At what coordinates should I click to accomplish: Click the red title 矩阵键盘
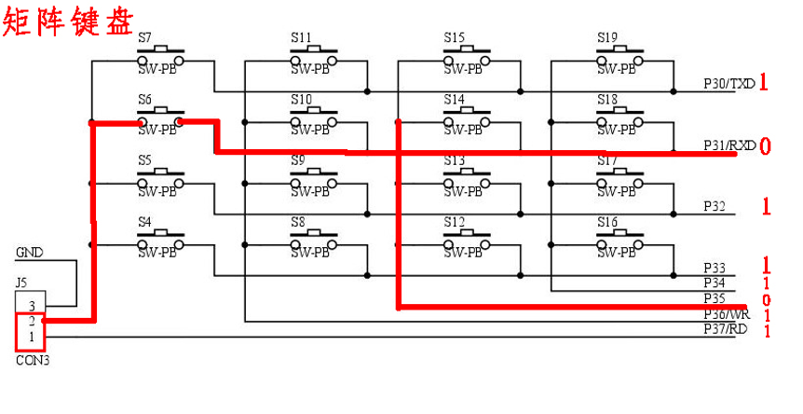click(68, 20)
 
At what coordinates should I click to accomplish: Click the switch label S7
click(145, 38)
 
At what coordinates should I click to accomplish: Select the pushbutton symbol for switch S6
click(159, 119)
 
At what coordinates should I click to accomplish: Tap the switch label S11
click(302, 38)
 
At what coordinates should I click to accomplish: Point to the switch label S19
click(607, 38)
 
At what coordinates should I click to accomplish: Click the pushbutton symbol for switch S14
click(465, 119)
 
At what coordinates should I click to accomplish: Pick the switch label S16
click(607, 222)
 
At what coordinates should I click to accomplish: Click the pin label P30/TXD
click(729, 84)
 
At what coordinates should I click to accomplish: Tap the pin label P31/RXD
click(729, 145)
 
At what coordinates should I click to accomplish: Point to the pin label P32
click(715, 207)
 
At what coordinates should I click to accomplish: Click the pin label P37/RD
click(726, 328)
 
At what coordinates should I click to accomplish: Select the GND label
click(29, 253)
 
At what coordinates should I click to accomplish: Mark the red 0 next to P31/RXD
click(765, 146)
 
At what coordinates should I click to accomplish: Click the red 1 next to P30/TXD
click(763, 83)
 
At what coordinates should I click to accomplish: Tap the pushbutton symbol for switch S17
click(618, 181)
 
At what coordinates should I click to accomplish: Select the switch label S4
click(145, 222)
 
